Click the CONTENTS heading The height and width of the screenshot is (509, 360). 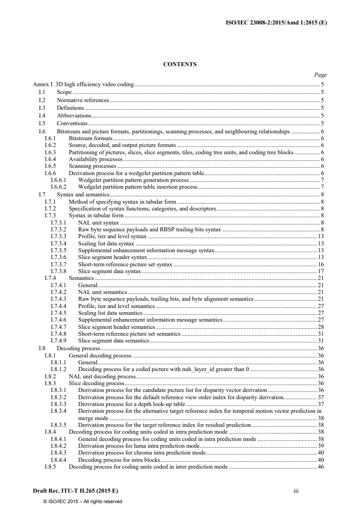pyautogui.click(x=180, y=64)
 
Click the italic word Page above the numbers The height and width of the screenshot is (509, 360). pyautogui.click(x=321, y=75)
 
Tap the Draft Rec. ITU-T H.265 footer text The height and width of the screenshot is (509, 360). pyautogui.click(x=76, y=491)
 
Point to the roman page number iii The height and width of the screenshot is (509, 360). pyautogui.click(x=295, y=491)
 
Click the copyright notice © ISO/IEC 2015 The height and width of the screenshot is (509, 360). pyautogui.click(x=83, y=501)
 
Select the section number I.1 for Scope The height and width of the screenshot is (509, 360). pyautogui.click(x=42, y=92)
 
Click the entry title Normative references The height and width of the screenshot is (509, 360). pyautogui.click(x=83, y=100)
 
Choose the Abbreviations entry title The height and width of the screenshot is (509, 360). pyautogui.click(x=74, y=116)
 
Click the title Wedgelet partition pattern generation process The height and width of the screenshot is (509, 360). pyautogui.click(x=133, y=181)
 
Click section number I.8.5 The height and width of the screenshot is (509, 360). pyautogui.click(x=50, y=467)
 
